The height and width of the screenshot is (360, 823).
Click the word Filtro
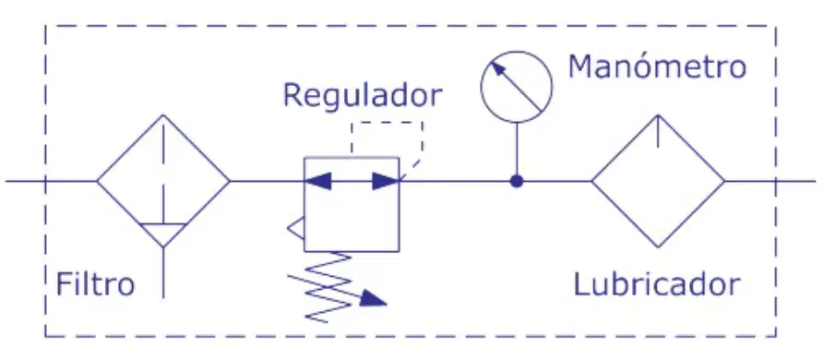(95, 284)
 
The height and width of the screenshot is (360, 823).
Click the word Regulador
(363, 95)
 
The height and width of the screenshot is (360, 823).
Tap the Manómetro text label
(657, 66)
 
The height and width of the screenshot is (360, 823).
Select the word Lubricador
(657, 284)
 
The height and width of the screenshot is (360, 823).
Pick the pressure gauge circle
(482, 87)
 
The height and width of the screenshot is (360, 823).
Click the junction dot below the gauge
(517, 182)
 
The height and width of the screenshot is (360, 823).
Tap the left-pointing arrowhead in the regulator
(318, 182)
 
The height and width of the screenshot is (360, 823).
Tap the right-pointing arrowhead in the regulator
(386, 182)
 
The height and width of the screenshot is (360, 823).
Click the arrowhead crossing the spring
(375, 299)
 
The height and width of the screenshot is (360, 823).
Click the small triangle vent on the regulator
(295, 228)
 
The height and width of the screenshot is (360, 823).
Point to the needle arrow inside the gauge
(516, 86)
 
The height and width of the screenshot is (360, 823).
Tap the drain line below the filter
(163, 272)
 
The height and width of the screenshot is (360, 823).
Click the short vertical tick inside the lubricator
(658, 131)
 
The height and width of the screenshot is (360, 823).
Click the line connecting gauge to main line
(517, 149)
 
